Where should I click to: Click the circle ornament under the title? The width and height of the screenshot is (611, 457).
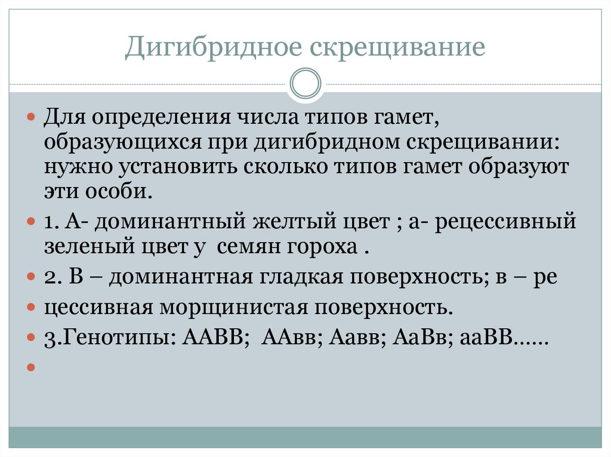(305, 84)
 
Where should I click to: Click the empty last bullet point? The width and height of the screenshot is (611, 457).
(31, 367)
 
